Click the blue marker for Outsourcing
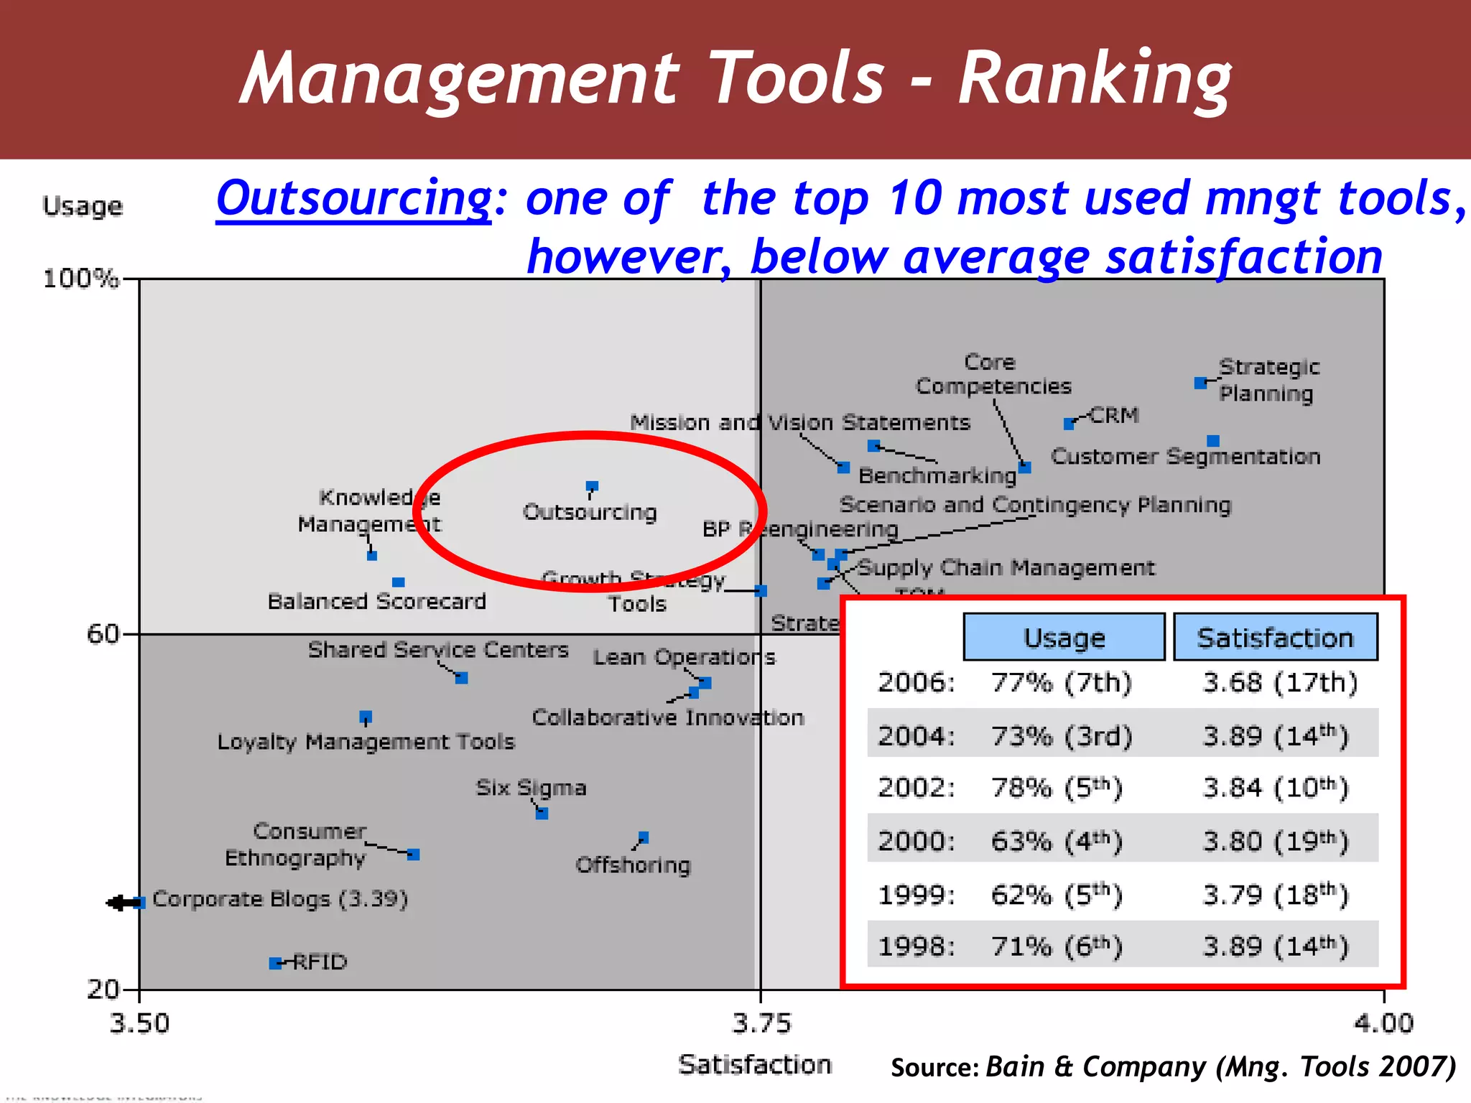pos(592,487)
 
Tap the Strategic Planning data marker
pos(1199,383)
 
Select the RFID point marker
pos(275,963)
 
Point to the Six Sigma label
pos(531,788)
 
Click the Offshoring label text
pos(633,865)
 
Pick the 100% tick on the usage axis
pos(80,279)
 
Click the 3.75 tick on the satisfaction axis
pos(761,1023)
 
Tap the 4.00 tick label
pos(1383,1023)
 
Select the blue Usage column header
pos(1064,637)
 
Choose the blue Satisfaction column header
pos(1275,637)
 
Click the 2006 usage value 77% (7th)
pos(1061,682)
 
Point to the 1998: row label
pos(917,946)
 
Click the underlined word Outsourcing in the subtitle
pos(354,198)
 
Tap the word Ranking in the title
pos(1095,78)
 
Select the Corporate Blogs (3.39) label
pos(280,899)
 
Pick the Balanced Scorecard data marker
pos(399,582)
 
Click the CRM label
pos(1114,415)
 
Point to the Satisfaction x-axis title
pos(755,1064)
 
